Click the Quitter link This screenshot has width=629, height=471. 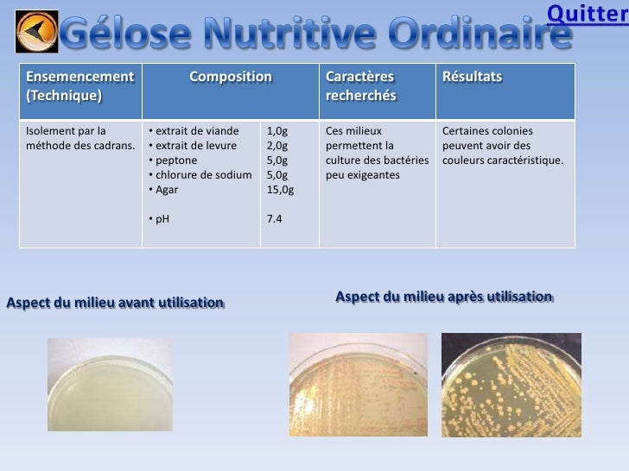tap(588, 12)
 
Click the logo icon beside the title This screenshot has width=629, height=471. tap(37, 32)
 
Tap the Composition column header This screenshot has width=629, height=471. tap(231, 78)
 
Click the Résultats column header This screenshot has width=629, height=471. tap(472, 78)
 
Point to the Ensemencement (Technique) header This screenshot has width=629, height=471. tap(79, 86)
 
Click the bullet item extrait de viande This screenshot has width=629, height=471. tap(193, 132)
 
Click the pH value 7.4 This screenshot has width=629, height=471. tap(275, 219)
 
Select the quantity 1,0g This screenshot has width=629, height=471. tap(277, 132)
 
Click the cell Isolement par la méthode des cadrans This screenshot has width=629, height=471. tap(80, 138)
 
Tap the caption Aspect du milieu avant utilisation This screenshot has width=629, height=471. tap(115, 303)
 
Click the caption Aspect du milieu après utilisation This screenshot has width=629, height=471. tap(443, 297)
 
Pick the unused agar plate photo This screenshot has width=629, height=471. tap(110, 384)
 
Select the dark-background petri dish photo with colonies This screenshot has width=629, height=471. tap(511, 385)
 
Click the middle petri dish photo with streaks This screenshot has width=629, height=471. tap(358, 385)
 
